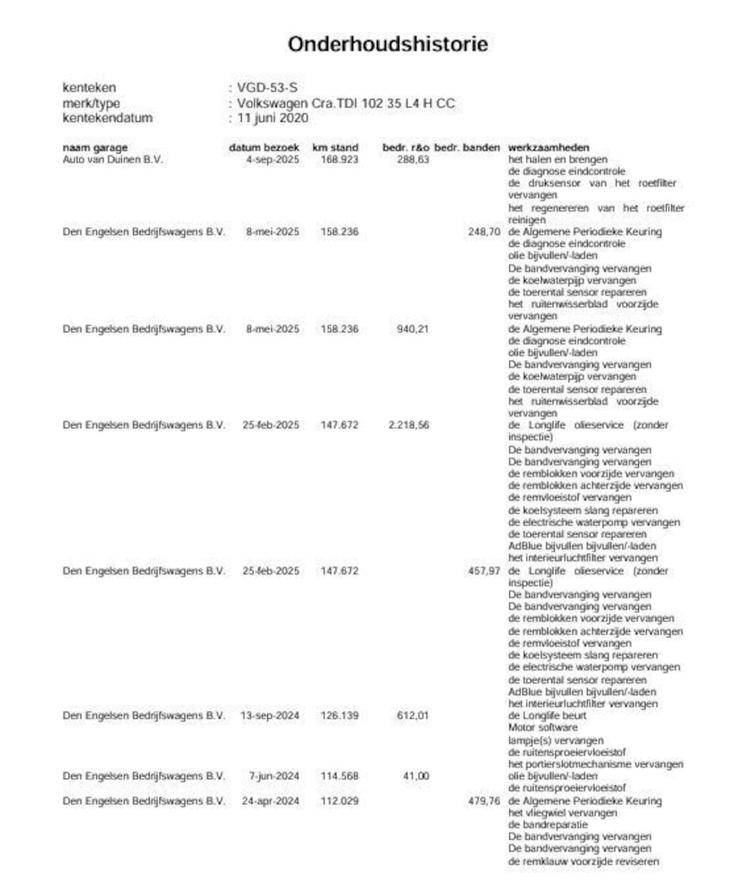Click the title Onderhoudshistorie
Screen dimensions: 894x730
[x=387, y=44]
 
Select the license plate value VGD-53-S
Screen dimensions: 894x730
[x=267, y=88]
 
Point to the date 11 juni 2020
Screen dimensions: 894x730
[x=273, y=118]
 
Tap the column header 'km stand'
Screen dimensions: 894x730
[x=335, y=148]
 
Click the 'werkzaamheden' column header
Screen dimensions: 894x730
[x=549, y=148]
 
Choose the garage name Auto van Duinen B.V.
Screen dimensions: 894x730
[x=112, y=160]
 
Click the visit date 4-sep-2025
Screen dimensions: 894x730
[x=273, y=160]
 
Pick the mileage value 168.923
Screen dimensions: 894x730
[x=339, y=160]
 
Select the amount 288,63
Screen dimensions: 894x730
[x=413, y=160]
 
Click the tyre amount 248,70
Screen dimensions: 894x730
[x=484, y=232]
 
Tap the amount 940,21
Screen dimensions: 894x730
[x=413, y=329]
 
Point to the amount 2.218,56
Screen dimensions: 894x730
[x=408, y=425]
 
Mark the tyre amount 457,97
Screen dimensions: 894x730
[x=484, y=571]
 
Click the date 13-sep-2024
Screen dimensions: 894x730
[x=270, y=716]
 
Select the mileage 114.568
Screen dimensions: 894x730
[x=339, y=776]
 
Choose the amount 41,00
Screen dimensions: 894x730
[x=416, y=776]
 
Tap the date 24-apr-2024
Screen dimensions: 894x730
[x=270, y=801]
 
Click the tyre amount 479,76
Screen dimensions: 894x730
[x=484, y=801]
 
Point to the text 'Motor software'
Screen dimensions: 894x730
[x=542, y=728]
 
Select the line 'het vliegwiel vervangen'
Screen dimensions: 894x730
[x=562, y=813]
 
